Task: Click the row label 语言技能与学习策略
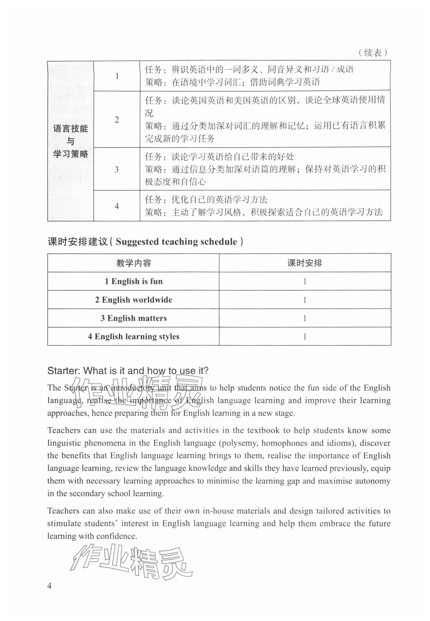(x=71, y=141)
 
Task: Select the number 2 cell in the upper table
(x=117, y=119)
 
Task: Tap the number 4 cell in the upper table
(x=117, y=206)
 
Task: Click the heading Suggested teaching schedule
(x=176, y=242)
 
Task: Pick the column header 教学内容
(x=134, y=263)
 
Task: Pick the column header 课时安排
(x=305, y=263)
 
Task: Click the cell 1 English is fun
(x=134, y=282)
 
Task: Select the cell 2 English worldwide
(x=134, y=300)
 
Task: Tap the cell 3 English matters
(x=134, y=318)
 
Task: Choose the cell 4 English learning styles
(x=134, y=337)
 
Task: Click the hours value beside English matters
(x=305, y=318)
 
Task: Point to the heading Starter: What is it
(x=128, y=371)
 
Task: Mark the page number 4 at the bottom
(x=49, y=586)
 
